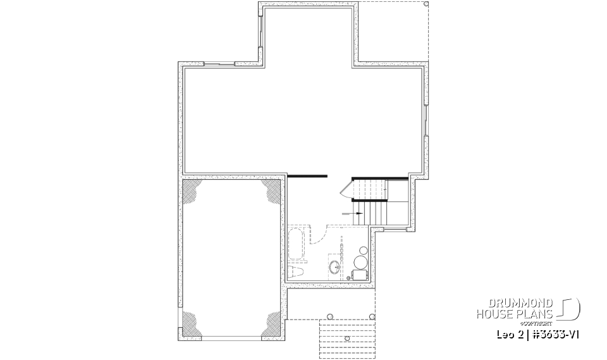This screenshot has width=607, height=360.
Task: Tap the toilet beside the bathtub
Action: [x=295, y=273]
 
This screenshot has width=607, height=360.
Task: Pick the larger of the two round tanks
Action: [x=362, y=263]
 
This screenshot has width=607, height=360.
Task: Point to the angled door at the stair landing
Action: [x=345, y=188]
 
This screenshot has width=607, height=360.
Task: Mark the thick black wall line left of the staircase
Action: [x=307, y=175]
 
